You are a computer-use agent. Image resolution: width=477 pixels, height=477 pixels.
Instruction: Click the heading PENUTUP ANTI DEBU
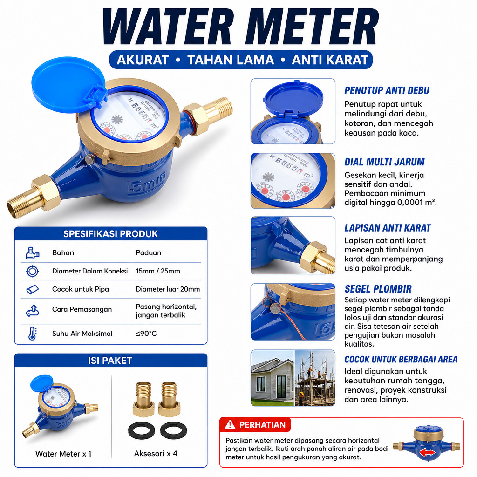(387, 90)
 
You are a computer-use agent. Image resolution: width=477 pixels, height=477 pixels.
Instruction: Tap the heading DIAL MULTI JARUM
(384, 162)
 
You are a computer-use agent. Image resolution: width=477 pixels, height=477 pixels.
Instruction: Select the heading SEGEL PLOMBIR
(378, 289)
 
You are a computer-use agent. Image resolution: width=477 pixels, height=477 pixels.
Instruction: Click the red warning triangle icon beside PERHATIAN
(230, 425)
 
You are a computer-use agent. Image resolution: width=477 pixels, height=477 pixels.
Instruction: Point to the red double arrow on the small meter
(428, 453)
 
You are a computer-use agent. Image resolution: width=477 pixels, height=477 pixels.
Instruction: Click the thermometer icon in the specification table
(32, 334)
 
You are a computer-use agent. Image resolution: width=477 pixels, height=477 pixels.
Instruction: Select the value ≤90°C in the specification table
(146, 334)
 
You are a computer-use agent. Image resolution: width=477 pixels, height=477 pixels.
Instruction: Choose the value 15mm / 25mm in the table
(158, 271)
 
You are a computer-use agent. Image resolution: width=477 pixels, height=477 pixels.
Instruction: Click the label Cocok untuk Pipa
(80, 289)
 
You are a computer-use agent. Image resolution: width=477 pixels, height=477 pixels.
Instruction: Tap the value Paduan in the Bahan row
(149, 253)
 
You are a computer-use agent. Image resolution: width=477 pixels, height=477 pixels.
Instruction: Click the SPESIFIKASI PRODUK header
(110, 234)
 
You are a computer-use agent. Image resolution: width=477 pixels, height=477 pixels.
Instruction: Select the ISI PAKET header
(110, 361)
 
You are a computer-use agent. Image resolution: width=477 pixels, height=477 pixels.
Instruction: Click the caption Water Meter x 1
(63, 454)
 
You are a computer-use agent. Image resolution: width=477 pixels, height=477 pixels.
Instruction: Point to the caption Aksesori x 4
(156, 454)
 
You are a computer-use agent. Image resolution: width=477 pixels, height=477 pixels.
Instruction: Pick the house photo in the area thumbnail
(272, 378)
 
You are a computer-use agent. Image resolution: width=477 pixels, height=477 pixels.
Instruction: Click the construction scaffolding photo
(315, 378)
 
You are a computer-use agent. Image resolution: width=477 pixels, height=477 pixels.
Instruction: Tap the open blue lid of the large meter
(68, 85)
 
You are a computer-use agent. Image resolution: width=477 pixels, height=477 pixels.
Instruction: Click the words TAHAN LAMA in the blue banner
(231, 60)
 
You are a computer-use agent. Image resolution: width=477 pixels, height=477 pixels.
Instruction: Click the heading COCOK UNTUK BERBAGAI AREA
(401, 359)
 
